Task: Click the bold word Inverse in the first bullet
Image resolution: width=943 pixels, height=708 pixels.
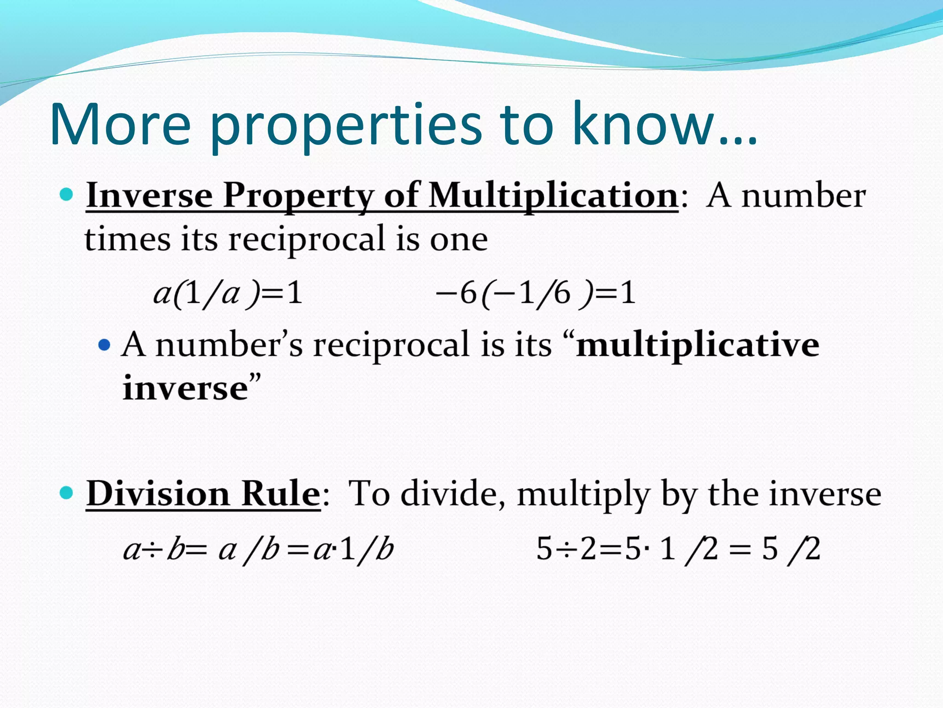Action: click(149, 195)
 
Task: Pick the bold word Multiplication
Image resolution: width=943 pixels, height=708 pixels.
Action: click(553, 196)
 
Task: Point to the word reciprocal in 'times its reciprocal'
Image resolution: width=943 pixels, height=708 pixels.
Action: click(307, 240)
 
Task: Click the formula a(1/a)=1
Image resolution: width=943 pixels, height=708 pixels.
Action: click(228, 293)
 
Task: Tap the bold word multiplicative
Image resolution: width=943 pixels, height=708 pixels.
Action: click(697, 345)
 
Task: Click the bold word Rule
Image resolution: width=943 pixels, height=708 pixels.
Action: click(281, 494)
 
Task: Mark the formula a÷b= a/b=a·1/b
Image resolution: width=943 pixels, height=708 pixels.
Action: click(258, 550)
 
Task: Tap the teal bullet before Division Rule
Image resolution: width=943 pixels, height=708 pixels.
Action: click(67, 493)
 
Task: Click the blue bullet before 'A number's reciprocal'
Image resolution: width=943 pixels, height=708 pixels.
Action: click(105, 344)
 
